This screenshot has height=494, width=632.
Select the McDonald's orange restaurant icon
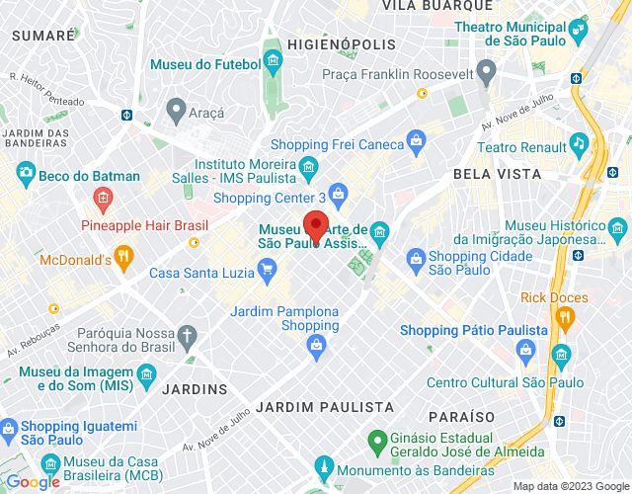(x=123, y=260)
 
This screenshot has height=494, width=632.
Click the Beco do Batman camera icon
(x=25, y=177)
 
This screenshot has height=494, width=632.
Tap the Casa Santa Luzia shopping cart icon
(x=266, y=268)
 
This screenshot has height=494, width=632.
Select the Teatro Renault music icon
(x=579, y=145)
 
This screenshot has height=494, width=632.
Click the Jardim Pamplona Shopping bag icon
(x=316, y=344)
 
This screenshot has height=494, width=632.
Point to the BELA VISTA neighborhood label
(x=497, y=174)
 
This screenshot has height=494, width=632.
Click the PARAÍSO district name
(x=461, y=416)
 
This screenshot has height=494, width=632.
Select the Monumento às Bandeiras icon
(x=322, y=465)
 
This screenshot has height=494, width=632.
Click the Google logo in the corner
(x=33, y=481)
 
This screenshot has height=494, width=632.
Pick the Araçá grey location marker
(x=177, y=108)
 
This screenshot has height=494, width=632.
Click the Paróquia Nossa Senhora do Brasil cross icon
(x=187, y=337)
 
